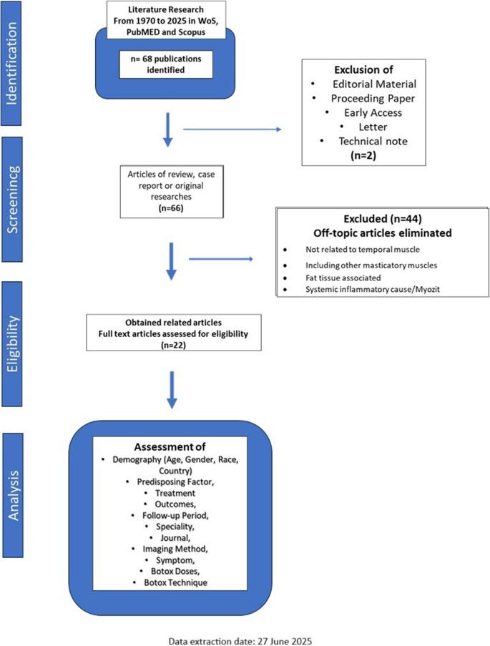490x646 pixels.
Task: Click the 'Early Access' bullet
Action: [371, 112]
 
